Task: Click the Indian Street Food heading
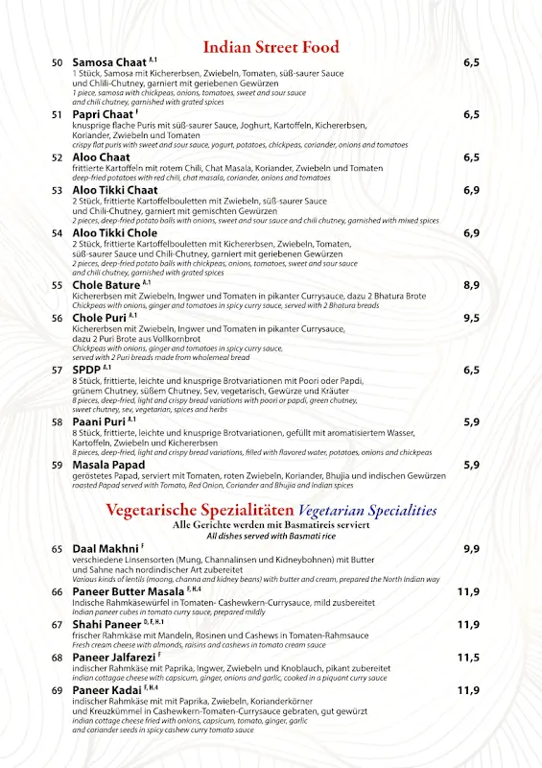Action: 271,47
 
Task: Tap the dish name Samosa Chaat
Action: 109,62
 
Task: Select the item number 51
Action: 58,115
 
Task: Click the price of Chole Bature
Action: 471,285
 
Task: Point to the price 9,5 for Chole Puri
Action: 471,318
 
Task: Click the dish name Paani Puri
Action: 99,421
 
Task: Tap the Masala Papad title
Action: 108,465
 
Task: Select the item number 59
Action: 58,466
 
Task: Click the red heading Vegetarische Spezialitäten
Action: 200,510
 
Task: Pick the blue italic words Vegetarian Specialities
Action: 367,511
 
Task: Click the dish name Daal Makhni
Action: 106,549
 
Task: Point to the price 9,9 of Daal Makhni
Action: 471,549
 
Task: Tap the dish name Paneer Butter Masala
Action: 130,592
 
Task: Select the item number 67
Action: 58,625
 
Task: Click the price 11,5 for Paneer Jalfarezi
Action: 468,658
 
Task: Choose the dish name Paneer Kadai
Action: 106,690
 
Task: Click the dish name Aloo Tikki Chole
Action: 114,233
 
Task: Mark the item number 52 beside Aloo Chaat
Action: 58,157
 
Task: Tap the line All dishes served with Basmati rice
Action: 271,535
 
